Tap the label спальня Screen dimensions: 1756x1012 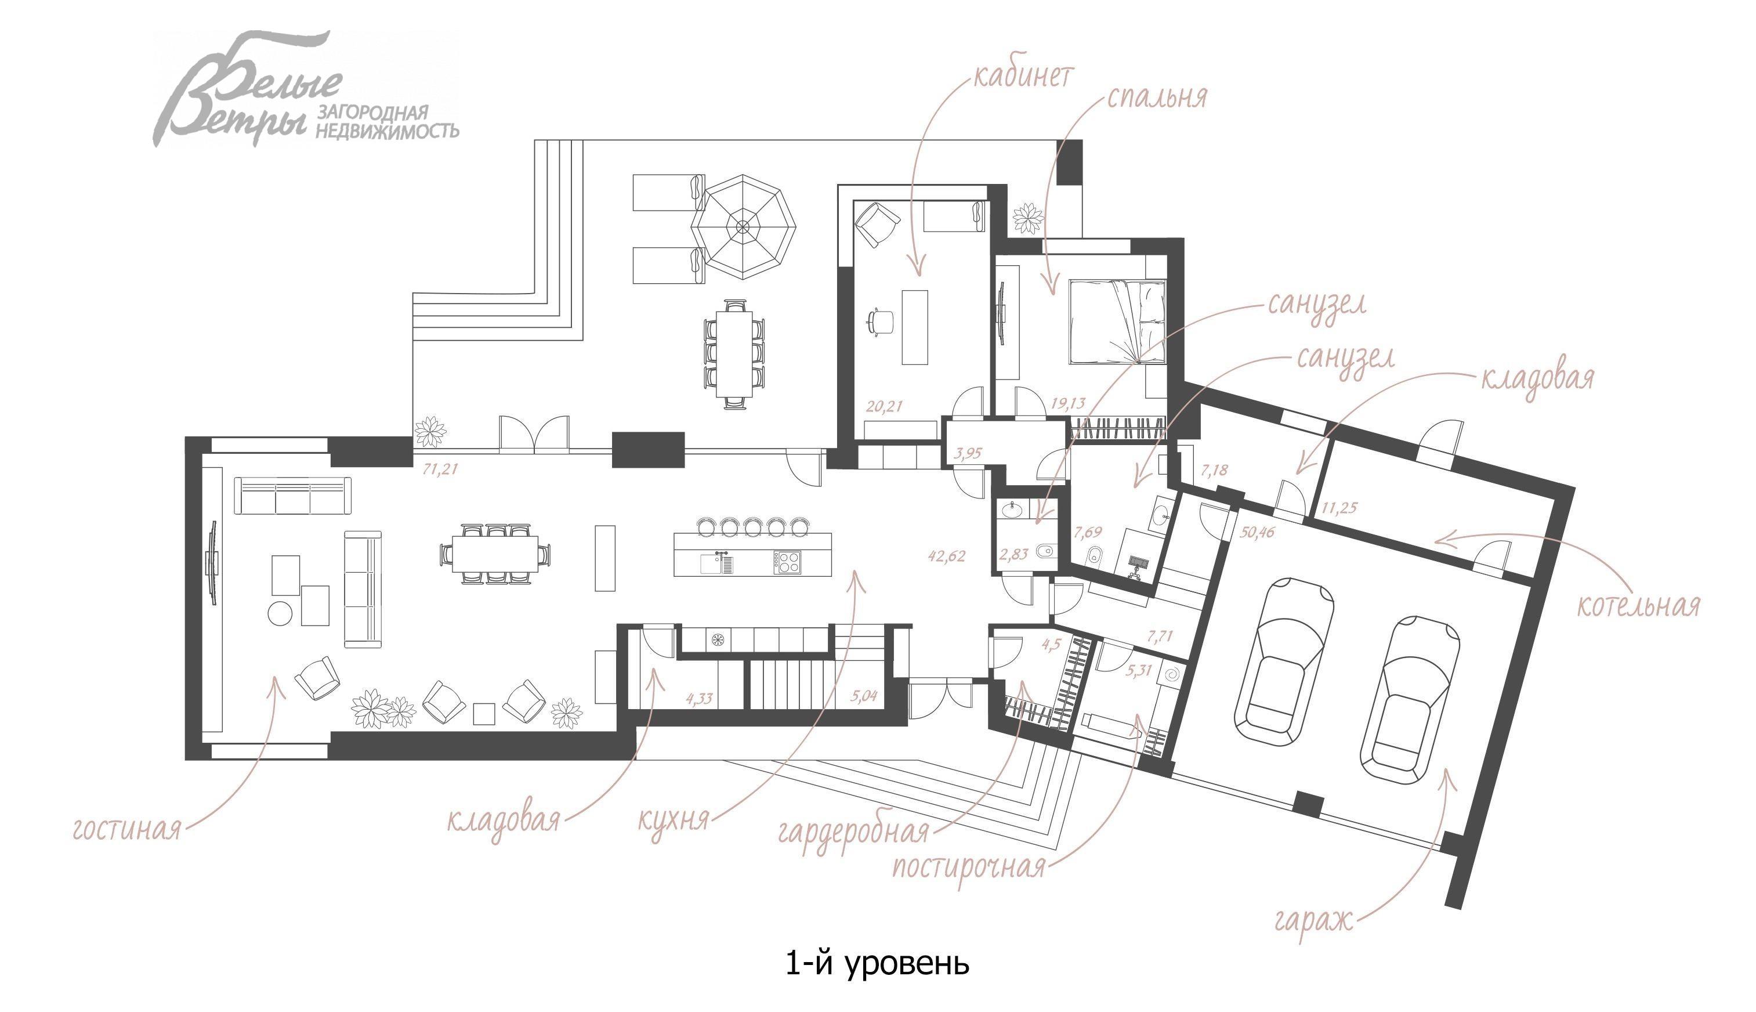[x=1157, y=98]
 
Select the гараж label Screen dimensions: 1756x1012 [x=1314, y=920]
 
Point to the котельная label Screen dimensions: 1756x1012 [x=1638, y=605]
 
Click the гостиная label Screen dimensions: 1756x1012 [x=126, y=829]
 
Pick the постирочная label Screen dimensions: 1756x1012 [x=969, y=868]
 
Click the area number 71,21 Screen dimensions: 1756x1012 [x=440, y=469]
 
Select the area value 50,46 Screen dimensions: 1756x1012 [x=1258, y=533]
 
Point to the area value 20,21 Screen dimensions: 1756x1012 [x=884, y=406]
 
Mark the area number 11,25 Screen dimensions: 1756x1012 [x=1339, y=508]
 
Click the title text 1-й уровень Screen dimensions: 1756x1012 [x=877, y=964]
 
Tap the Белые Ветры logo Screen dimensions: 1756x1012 [x=306, y=89]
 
